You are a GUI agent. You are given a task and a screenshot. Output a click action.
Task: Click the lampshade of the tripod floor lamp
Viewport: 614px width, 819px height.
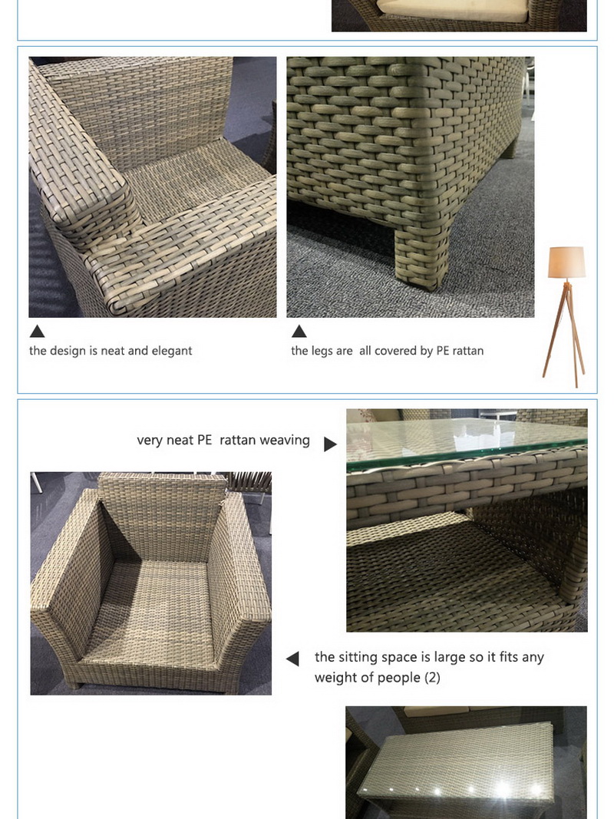tap(566, 262)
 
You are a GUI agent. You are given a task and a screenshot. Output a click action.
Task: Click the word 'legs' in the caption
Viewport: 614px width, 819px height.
tap(323, 351)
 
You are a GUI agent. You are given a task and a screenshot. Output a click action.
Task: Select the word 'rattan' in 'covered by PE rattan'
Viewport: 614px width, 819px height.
tap(467, 351)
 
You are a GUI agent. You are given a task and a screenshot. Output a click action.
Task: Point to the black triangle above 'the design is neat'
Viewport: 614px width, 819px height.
tap(37, 332)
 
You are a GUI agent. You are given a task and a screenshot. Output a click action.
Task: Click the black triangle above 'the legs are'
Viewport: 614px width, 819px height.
tap(299, 332)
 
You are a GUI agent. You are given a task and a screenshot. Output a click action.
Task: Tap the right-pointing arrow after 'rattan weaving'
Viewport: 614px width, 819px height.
tap(330, 444)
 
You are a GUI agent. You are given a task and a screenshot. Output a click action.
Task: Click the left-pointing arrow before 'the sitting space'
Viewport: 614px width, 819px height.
tap(292, 659)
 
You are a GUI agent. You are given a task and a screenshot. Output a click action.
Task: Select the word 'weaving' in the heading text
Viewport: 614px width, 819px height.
tap(285, 440)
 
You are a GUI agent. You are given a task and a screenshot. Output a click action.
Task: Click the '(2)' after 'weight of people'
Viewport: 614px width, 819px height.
tap(432, 678)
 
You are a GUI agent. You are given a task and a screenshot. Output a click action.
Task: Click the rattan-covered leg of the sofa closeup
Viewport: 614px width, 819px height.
tap(418, 257)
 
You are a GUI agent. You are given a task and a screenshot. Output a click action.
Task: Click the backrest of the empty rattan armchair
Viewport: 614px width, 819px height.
tap(162, 507)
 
